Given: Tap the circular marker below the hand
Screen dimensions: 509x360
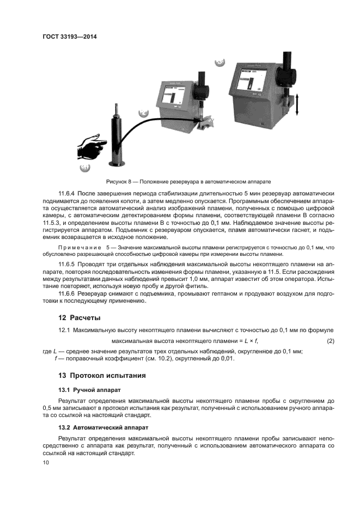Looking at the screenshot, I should pos(84,167).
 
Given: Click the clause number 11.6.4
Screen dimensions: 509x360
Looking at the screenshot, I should pos(68,193).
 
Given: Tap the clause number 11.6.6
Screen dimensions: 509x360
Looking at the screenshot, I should pos(68,294).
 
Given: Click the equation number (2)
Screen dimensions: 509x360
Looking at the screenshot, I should pos(330,341).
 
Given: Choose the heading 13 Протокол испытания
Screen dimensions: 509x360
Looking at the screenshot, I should pos(100,375).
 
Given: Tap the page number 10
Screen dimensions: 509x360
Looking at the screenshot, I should pos(46,462).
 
